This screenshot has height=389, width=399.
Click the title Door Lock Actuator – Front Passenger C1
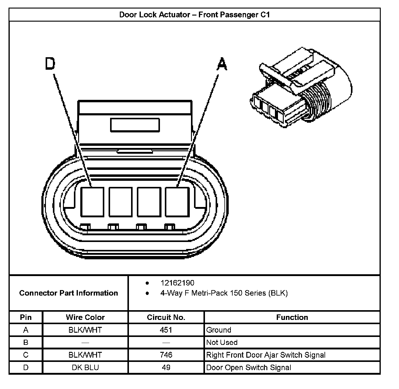[x=194, y=15]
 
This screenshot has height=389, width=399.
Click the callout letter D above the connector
[x=50, y=64]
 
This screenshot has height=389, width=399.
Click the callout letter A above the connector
[x=222, y=64]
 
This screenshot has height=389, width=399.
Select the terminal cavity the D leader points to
[x=92, y=202]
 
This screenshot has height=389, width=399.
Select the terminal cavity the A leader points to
[x=177, y=202]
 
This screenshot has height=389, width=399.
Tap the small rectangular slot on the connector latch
[x=135, y=125]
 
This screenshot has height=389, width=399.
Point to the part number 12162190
[x=177, y=283]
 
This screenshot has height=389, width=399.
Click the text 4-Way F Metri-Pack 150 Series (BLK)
[x=224, y=293]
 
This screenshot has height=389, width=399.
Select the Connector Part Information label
[x=68, y=293]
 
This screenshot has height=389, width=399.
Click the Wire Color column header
[x=85, y=317]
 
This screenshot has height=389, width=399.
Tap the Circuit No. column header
[x=166, y=317]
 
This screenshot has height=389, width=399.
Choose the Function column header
[x=292, y=317]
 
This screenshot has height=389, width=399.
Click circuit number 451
[x=166, y=330]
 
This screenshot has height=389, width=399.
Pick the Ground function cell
[x=219, y=330]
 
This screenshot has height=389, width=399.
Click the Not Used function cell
[x=222, y=342]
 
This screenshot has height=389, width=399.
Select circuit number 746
[x=166, y=355]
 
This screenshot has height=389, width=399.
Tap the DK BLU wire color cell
[x=85, y=367]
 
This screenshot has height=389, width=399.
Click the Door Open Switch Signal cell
[x=248, y=367]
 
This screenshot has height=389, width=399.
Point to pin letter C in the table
[x=26, y=355]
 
